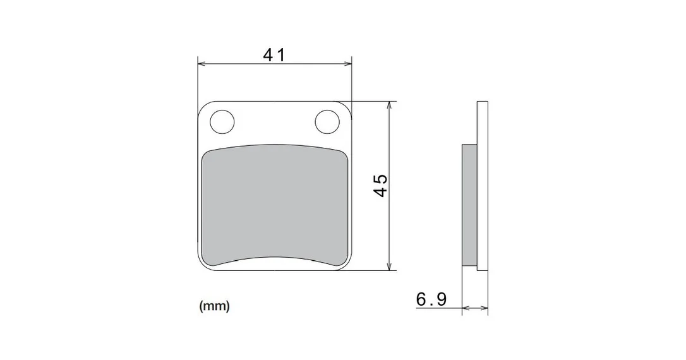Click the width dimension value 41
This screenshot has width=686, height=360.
274,55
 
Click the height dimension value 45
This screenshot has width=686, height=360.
381,186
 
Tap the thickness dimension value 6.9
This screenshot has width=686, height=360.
431,299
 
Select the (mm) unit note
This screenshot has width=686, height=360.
214,306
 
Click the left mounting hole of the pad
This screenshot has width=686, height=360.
222,122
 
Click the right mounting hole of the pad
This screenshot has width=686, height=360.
328,122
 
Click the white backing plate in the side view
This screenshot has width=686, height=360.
482,186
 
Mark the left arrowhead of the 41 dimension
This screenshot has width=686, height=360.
202,64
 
